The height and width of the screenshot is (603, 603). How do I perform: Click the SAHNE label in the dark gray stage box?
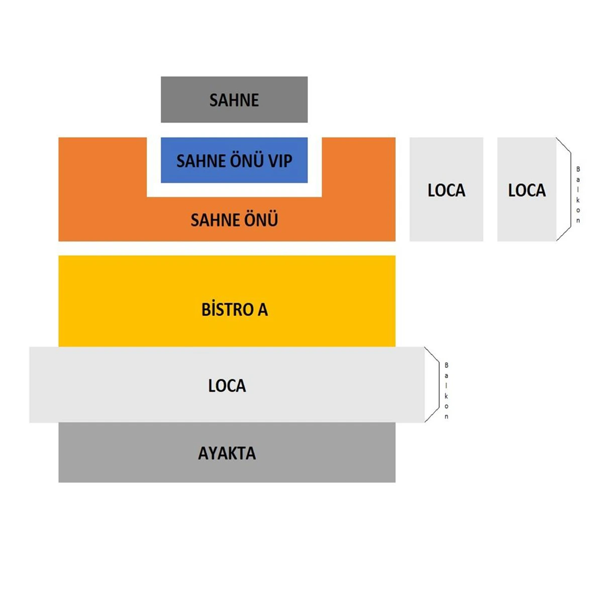[234, 100]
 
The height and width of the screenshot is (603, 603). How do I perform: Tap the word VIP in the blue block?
[280, 161]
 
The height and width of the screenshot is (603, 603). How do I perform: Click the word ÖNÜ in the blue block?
[246, 161]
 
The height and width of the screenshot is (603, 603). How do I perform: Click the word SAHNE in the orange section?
[209, 220]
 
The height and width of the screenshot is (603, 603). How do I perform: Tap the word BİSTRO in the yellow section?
[228, 310]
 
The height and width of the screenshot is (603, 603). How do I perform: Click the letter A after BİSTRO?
[263, 310]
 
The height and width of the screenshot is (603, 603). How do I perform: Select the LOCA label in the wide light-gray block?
[227, 386]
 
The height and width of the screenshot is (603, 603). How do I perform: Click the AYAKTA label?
[227, 453]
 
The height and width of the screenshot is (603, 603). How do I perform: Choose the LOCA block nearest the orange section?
[446, 189]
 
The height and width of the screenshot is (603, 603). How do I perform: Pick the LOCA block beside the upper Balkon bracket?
[527, 189]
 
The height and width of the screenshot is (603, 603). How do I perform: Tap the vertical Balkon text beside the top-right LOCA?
[578, 194]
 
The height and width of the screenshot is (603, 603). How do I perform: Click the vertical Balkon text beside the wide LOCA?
[446, 390]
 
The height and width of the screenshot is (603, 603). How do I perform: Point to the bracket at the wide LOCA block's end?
[433, 384]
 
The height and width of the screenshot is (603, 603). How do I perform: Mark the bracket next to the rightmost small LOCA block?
[564, 189]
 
